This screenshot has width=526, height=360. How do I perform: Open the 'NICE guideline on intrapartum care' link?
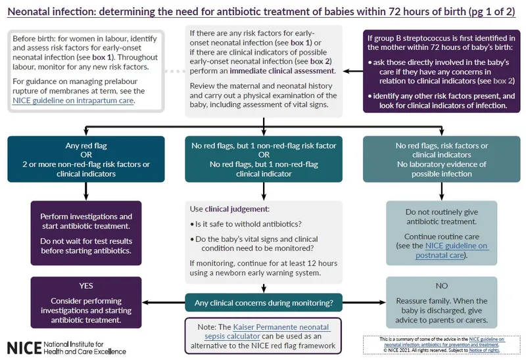pyautogui.click(x=73, y=101)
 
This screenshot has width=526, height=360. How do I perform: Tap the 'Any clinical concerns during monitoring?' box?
pyautogui.click(x=264, y=303)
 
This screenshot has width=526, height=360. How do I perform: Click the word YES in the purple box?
pyautogui.click(x=86, y=286)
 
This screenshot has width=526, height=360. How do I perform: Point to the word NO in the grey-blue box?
pyautogui.click(x=441, y=286)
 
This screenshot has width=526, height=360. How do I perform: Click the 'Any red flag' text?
pyautogui.click(x=86, y=146)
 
